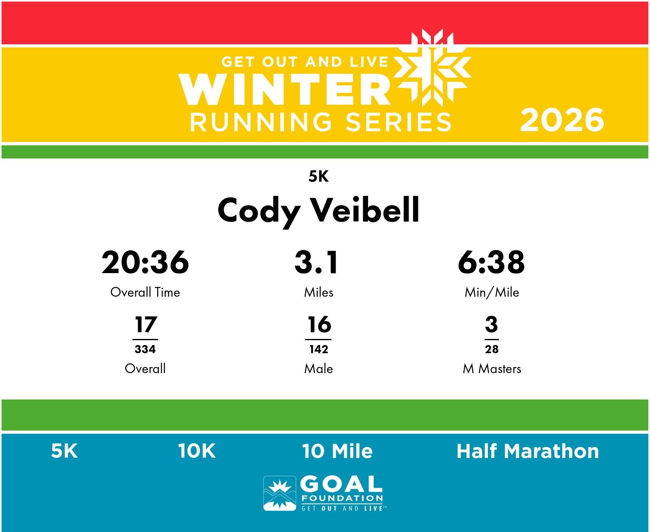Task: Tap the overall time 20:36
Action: point(145,262)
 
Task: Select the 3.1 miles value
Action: point(316,262)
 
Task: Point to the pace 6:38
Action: point(491,262)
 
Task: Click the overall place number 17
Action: point(146,324)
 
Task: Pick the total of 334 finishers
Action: point(145,349)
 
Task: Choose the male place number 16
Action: point(319,324)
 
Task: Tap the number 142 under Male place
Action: point(318,349)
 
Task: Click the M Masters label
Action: point(492,369)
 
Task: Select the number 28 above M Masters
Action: point(492,349)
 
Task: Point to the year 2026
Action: point(562,120)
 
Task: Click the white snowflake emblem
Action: point(432,68)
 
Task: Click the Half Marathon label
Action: point(528,452)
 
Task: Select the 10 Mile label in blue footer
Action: point(337,452)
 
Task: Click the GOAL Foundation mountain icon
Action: point(279,493)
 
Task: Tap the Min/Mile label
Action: point(492,292)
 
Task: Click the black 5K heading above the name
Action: point(318,177)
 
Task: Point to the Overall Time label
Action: point(145,292)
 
